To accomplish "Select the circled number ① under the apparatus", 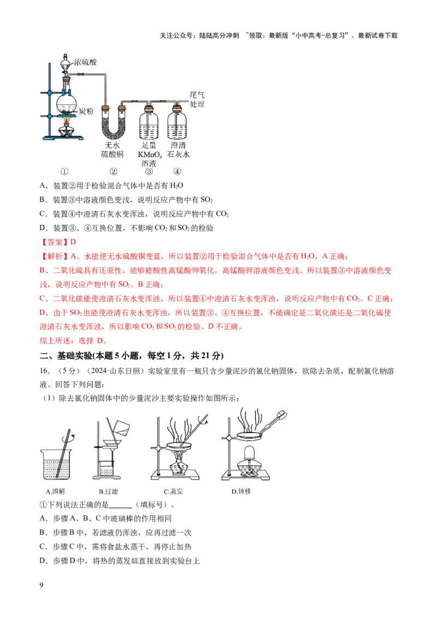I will click(x=64, y=172).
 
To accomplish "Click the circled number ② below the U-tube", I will click(x=113, y=172).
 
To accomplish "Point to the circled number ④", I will click(x=177, y=172).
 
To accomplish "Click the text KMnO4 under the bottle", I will click(x=148, y=155).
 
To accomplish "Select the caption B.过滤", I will click(x=108, y=492).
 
